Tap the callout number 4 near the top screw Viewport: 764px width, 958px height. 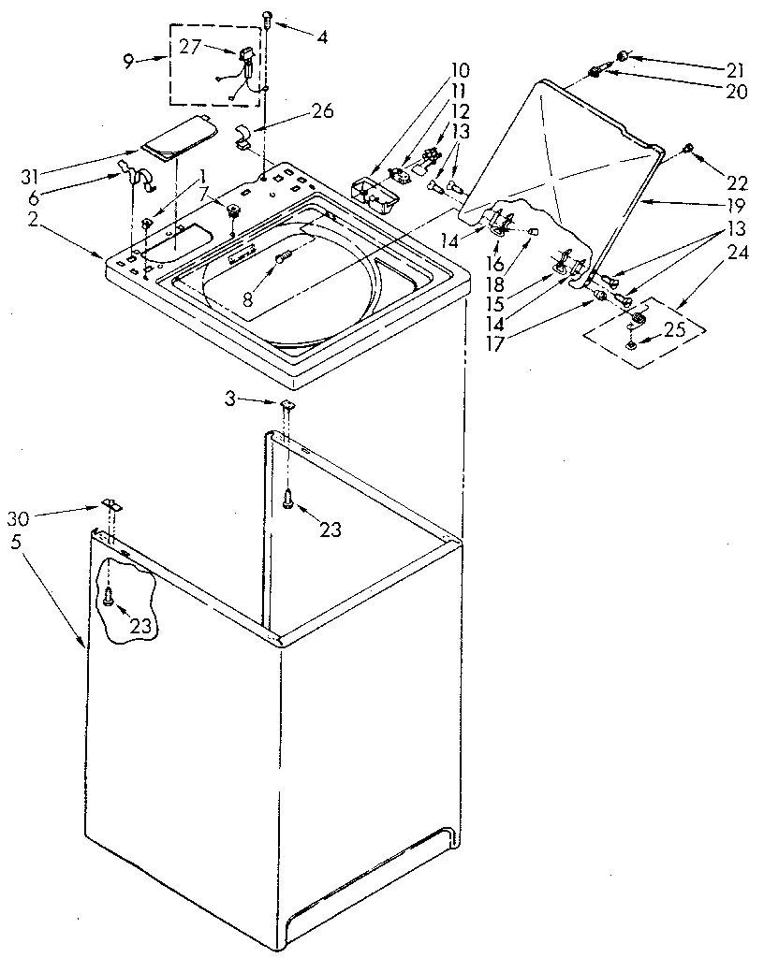pos(322,39)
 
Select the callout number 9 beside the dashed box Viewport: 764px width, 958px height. pos(129,62)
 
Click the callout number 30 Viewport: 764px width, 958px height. pos(21,519)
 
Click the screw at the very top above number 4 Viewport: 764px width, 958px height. pos(268,15)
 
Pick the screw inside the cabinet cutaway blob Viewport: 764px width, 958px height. pos(110,595)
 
